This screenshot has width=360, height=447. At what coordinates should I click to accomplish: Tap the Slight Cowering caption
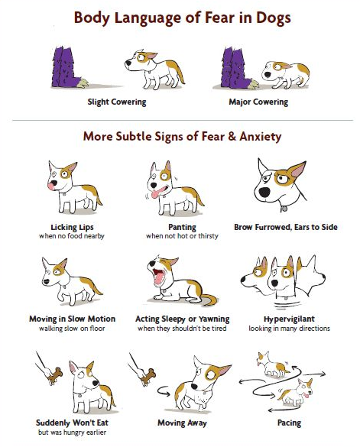pos(117,102)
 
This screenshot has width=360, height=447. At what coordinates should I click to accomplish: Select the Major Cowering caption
pos(258,102)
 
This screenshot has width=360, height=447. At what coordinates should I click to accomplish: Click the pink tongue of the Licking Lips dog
pos(52,186)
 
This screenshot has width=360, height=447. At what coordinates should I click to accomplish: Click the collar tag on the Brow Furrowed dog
pos(284,209)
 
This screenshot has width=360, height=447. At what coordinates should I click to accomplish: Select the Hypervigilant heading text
pos(289,319)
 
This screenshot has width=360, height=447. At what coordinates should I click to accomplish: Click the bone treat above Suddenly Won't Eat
pos(55,374)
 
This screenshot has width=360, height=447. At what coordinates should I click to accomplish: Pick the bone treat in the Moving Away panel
pos(148,376)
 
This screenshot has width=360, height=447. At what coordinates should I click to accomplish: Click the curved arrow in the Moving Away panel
pos(163,391)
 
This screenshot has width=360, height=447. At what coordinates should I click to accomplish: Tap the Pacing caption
pos(289,423)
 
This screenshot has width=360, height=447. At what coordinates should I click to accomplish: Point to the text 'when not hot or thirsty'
pos(182,236)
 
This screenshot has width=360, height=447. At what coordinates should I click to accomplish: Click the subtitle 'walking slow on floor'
pos(72,329)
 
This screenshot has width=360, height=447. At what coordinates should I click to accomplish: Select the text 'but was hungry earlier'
pos(72,432)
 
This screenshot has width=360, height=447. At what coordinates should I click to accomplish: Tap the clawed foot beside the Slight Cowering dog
pos(83,83)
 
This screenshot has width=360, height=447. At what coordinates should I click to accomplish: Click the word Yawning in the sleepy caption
pos(214,319)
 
